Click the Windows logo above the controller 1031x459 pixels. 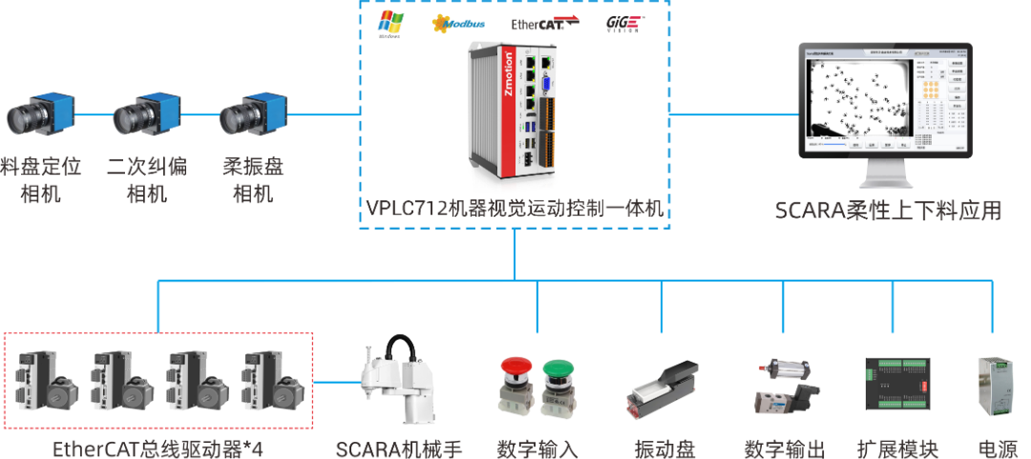(x=390, y=24)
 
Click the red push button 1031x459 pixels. (x=515, y=382)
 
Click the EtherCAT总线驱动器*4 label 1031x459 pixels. (x=158, y=448)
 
